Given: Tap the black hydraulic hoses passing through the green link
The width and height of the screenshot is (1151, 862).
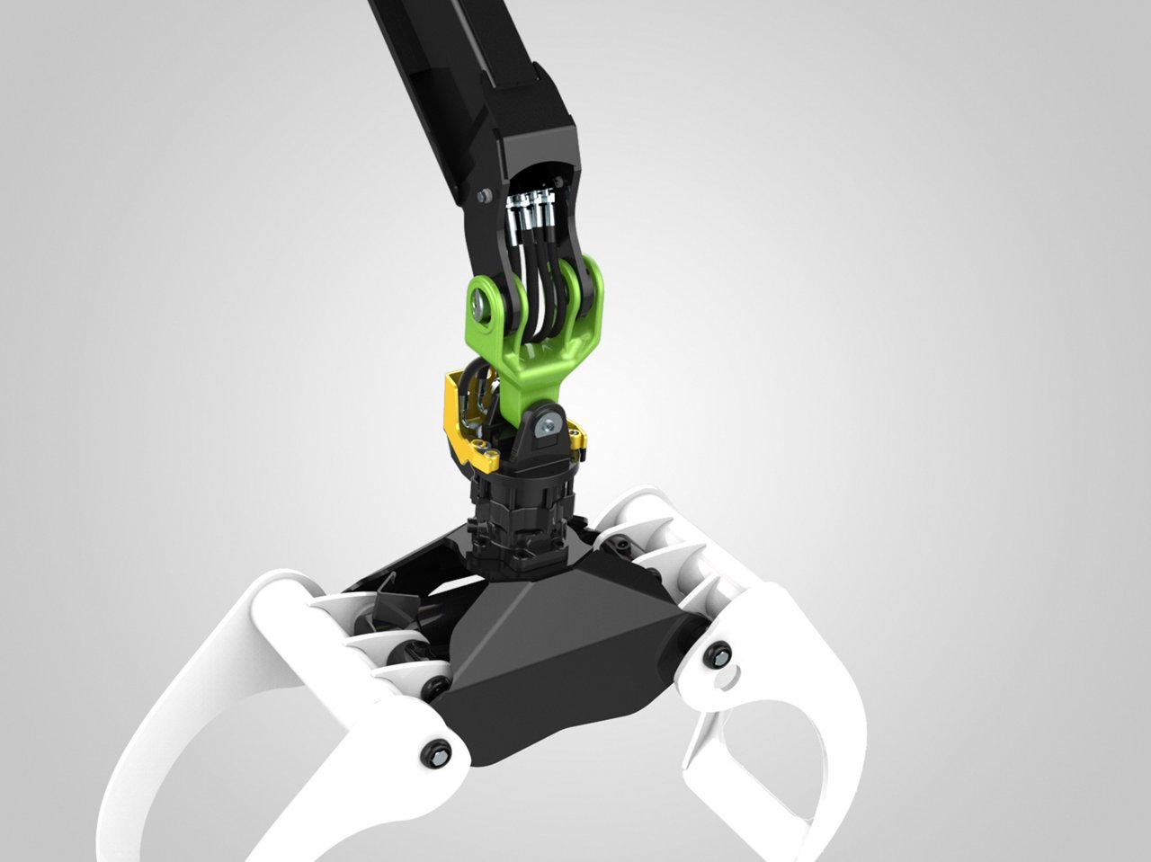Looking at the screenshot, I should tap(540, 297).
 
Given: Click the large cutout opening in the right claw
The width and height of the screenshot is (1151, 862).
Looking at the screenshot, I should tap(764, 746).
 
